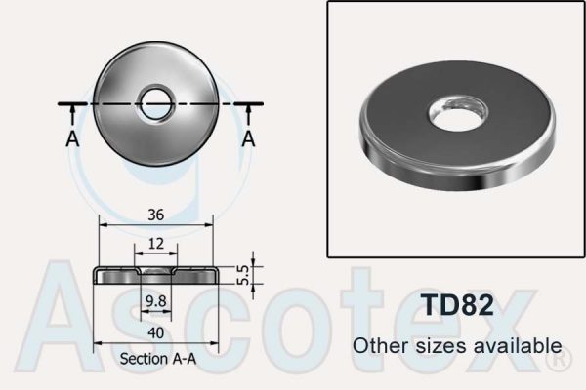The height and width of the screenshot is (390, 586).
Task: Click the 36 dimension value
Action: [154, 214]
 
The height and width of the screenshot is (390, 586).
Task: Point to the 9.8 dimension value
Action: [154, 302]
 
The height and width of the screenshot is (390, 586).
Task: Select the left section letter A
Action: [72, 138]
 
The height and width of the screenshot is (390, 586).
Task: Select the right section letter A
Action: [248, 138]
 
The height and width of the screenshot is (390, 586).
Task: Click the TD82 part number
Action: [456, 303]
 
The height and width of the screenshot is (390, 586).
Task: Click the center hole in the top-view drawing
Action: [155, 102]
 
